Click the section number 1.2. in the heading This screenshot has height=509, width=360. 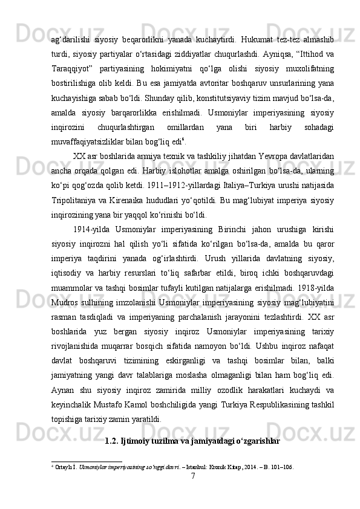click(113, 441)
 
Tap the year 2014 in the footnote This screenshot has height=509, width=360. click(247, 467)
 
